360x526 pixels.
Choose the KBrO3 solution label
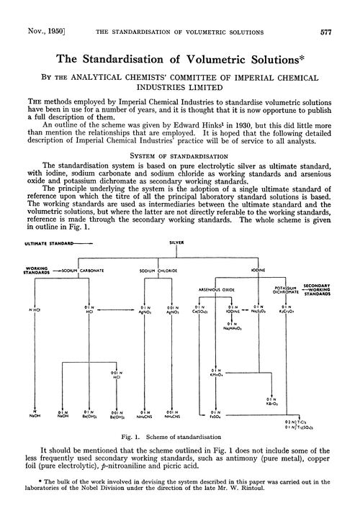[272, 403]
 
